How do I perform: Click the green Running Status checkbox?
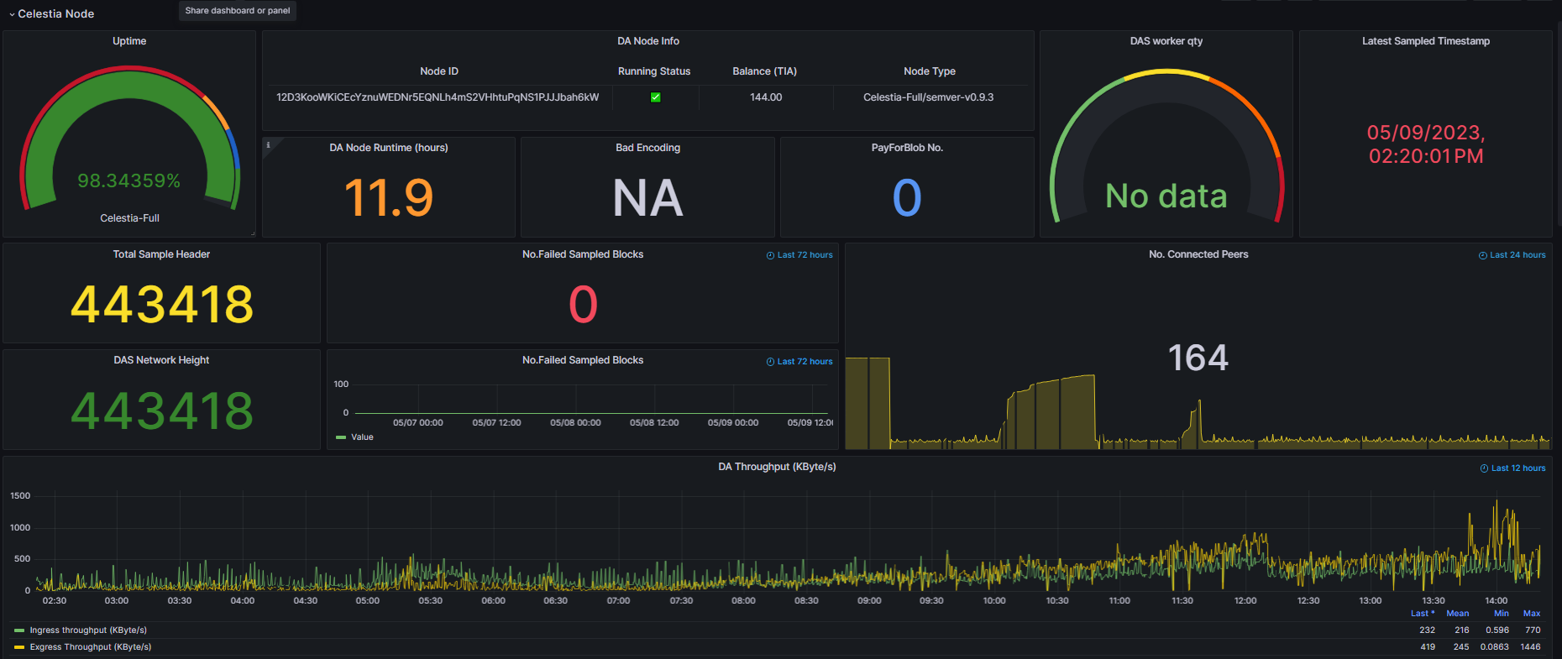tap(655, 97)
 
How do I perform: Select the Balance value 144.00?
tap(766, 97)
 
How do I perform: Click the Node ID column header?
tap(439, 71)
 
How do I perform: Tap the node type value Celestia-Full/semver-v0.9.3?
tap(928, 97)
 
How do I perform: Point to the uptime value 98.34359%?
tap(129, 180)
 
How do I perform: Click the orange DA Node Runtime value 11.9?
tap(389, 198)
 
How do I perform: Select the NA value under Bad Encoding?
tap(647, 198)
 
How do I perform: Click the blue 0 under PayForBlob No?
tap(907, 198)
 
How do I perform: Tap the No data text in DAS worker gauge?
tap(1166, 196)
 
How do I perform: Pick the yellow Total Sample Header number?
tap(162, 304)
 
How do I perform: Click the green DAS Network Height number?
tap(162, 411)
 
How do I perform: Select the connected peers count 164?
tap(1198, 358)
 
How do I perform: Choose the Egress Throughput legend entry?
tap(91, 647)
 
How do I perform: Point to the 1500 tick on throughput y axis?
tap(20, 496)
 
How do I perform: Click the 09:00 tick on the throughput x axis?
tap(869, 601)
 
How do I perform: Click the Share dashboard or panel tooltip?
tap(238, 11)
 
